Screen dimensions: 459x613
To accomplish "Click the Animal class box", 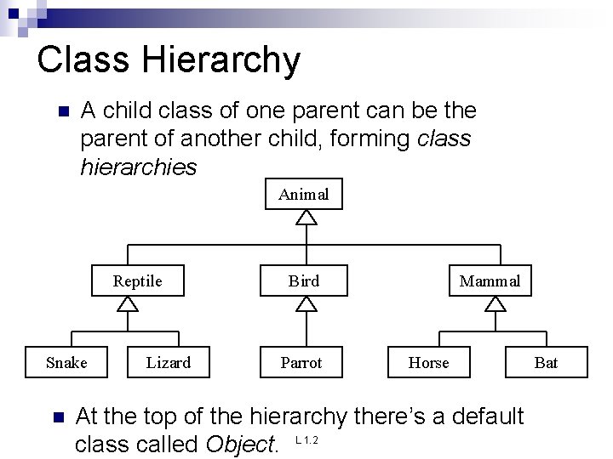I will tap(303, 195).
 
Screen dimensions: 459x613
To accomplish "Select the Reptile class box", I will tap(138, 281).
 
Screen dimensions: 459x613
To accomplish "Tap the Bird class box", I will tap(304, 281).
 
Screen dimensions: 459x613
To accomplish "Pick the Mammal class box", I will tap(490, 281).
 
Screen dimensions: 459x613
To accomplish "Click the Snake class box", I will tap(66, 363).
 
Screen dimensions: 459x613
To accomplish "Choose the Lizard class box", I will tap(169, 363).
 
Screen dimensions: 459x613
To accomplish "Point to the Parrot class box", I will tap(302, 363).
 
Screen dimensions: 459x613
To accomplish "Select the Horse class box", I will tap(428, 363).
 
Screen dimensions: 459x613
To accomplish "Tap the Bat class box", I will tap(546, 363).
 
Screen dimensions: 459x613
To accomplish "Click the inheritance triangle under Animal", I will tap(306, 218).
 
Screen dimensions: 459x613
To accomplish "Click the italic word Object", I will tap(240, 444).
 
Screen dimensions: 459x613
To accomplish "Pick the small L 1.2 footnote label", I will tap(306, 440).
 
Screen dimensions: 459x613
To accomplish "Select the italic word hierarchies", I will tap(138, 167).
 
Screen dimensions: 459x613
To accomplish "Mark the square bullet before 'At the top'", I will tap(57, 417).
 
